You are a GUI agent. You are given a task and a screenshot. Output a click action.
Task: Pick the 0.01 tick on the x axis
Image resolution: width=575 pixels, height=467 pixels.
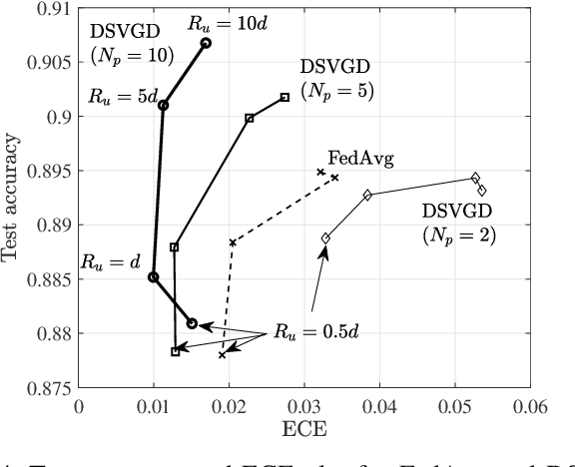pos(154,405)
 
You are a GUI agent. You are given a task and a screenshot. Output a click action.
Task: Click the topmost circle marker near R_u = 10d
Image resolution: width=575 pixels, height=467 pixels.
pos(206,43)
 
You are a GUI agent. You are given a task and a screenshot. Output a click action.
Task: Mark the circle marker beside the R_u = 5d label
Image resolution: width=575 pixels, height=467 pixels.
pos(164,105)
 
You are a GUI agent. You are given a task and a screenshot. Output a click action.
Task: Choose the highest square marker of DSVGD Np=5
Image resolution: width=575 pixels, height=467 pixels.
pos(286,97)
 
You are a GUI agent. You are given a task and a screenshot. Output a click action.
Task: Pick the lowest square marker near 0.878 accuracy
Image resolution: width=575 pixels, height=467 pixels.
pos(176,351)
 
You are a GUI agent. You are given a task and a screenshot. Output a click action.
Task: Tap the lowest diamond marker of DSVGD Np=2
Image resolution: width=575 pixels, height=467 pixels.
pos(325,237)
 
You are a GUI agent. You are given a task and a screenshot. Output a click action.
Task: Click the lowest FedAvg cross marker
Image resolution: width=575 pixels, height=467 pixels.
pos(222,355)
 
